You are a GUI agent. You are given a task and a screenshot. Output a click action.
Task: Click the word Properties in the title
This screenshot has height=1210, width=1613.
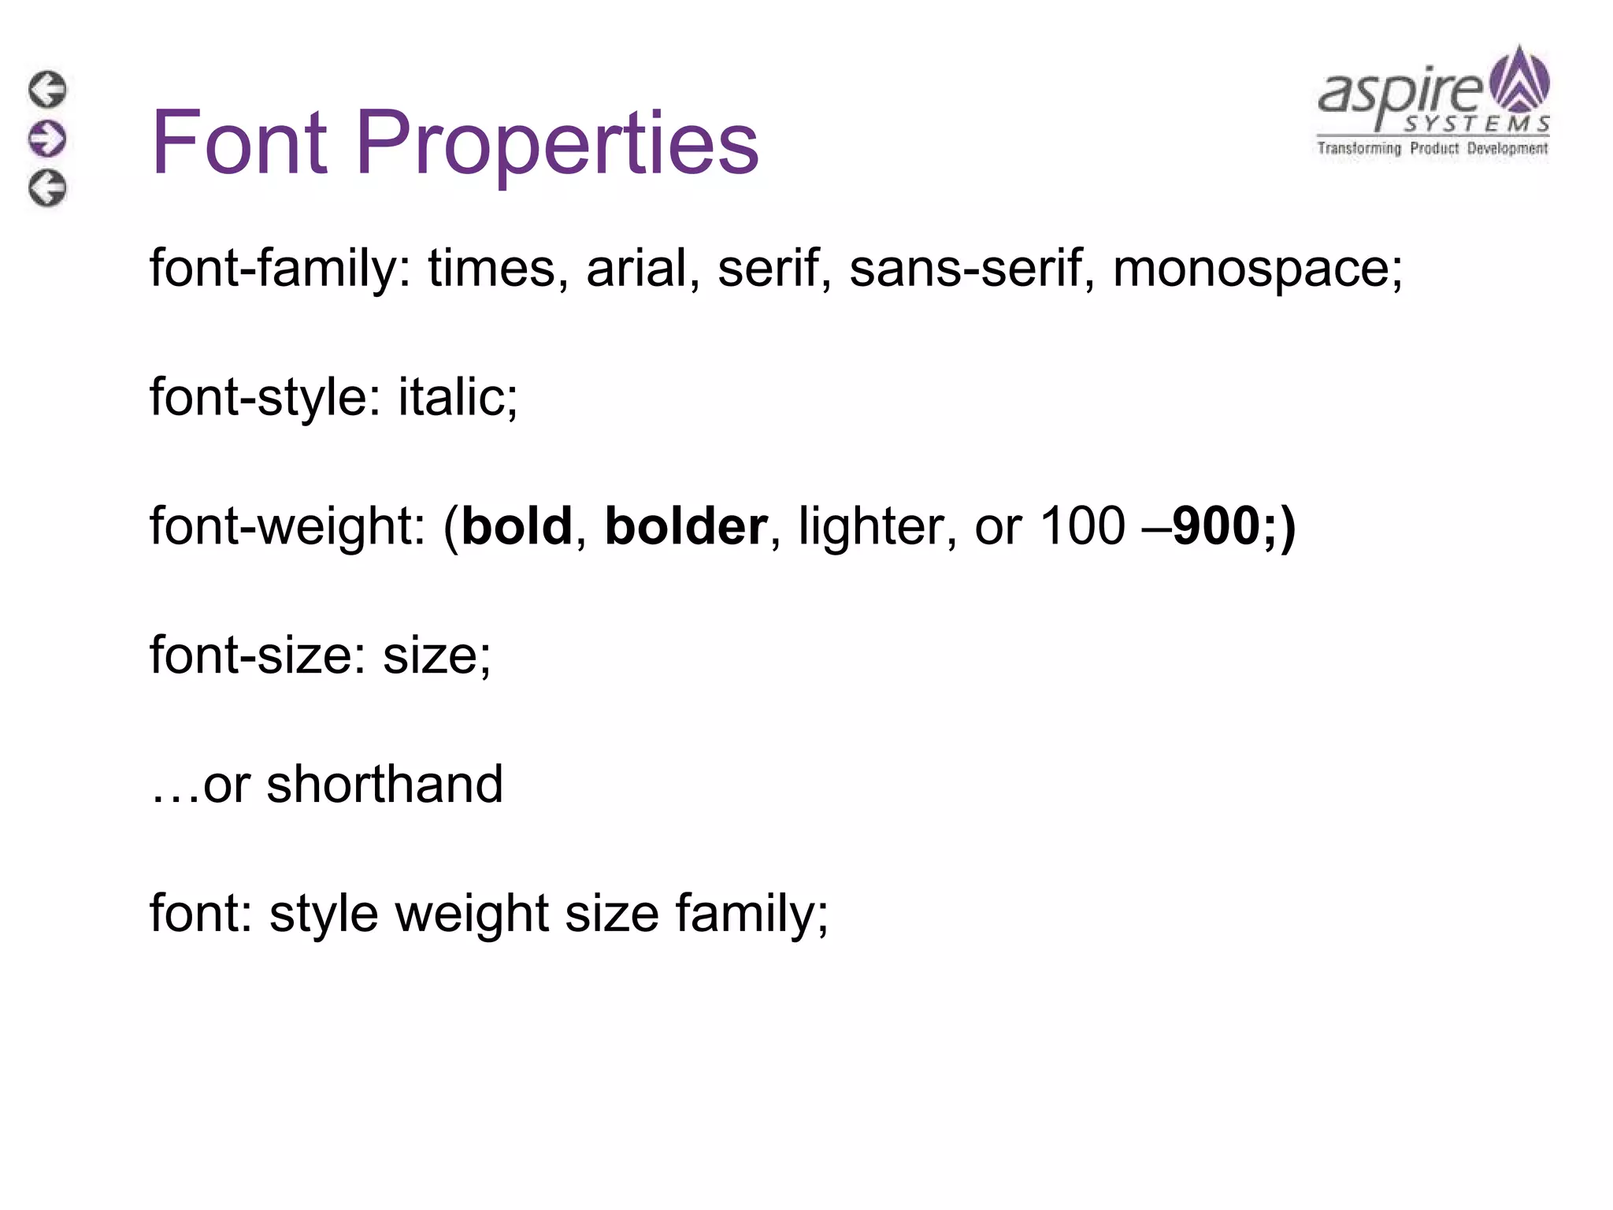557,144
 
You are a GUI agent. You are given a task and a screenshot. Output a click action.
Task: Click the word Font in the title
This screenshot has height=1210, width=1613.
239,143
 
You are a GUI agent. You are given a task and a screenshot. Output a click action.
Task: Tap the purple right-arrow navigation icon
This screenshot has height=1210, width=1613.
47,139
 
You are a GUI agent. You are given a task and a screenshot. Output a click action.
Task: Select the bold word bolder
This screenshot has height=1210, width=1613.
685,526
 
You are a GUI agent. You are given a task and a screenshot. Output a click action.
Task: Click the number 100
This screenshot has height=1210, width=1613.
1082,526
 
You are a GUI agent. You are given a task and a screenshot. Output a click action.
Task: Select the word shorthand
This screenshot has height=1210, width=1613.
384,785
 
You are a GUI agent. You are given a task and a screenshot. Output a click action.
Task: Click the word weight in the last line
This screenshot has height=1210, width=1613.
471,914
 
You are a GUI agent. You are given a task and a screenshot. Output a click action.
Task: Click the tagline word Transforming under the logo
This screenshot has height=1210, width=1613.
1359,148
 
